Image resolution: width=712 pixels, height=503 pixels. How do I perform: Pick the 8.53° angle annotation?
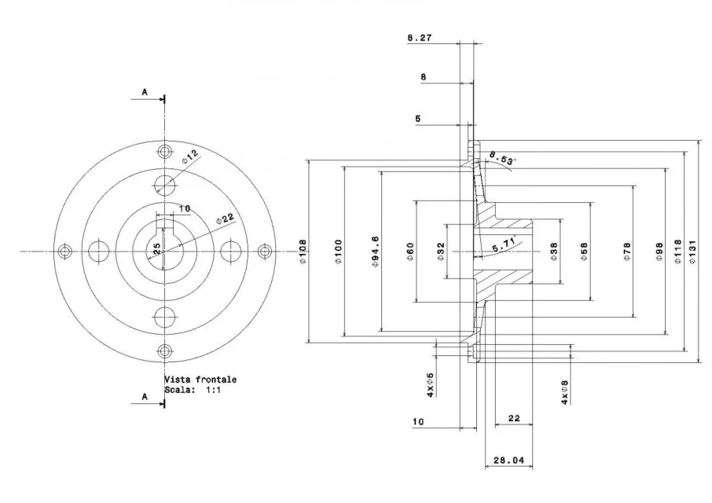click(501, 160)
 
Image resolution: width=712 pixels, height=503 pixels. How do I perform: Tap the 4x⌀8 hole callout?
click(563, 392)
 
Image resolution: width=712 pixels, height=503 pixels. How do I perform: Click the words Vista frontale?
click(200, 379)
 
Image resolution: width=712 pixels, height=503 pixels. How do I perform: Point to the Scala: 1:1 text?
click(193, 389)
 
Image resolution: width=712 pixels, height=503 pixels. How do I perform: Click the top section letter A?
click(145, 92)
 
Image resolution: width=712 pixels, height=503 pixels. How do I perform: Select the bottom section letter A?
click(145, 398)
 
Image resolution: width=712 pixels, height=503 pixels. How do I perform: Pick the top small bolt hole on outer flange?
click(164, 151)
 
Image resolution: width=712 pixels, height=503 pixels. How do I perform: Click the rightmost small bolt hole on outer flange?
click(264, 251)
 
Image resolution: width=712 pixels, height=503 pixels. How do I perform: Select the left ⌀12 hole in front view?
click(98, 251)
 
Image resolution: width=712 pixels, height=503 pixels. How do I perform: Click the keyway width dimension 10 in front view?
click(184, 208)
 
